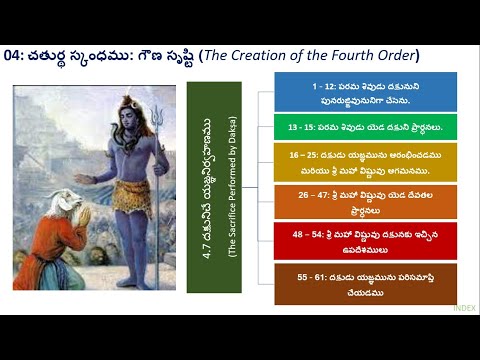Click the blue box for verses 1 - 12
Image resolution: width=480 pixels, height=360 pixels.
[x=365, y=92]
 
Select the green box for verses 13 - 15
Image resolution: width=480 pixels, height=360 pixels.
[x=365, y=127]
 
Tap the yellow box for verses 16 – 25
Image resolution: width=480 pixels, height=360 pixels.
[x=365, y=162]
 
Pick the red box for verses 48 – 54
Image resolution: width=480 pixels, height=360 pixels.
[x=365, y=240]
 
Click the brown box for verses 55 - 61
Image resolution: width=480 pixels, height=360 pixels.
[x=365, y=284]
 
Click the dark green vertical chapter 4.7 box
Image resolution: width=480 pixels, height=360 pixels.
[x=214, y=187]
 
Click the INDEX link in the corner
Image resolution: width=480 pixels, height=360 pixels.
[x=464, y=309]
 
